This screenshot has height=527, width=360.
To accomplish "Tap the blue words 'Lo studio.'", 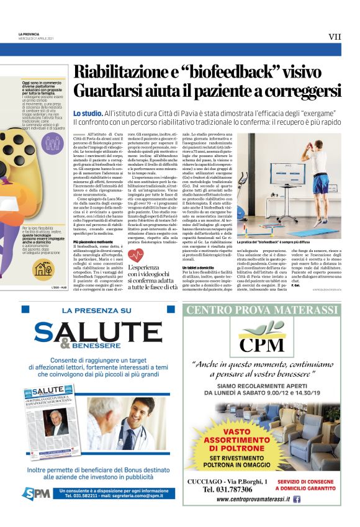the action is pyautogui.click(x=87, y=114).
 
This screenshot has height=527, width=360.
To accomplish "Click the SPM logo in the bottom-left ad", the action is pyautogui.click(x=36, y=493).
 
